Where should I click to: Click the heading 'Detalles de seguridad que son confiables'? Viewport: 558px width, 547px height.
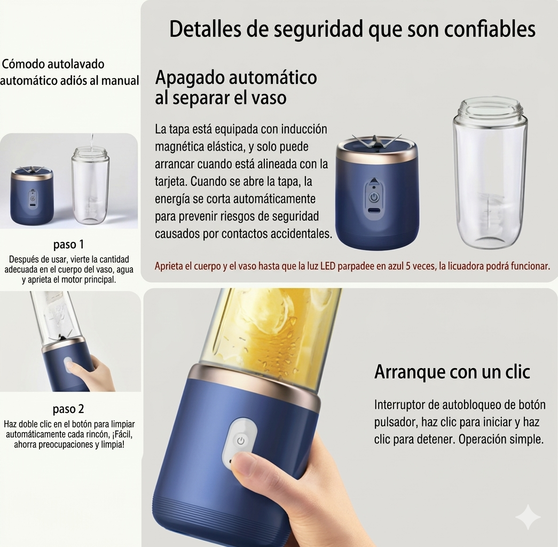(352, 30)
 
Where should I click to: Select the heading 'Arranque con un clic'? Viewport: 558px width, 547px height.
(452, 372)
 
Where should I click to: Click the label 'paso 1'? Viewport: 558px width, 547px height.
(68, 245)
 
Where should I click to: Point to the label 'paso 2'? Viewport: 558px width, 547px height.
(68, 410)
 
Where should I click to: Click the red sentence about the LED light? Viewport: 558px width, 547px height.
(352, 266)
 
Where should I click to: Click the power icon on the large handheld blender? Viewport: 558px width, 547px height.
(241, 441)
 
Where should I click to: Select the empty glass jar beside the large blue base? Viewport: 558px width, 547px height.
(489, 176)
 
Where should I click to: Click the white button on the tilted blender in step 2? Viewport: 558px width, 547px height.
(68, 365)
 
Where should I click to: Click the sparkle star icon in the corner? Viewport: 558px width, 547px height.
(528, 517)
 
